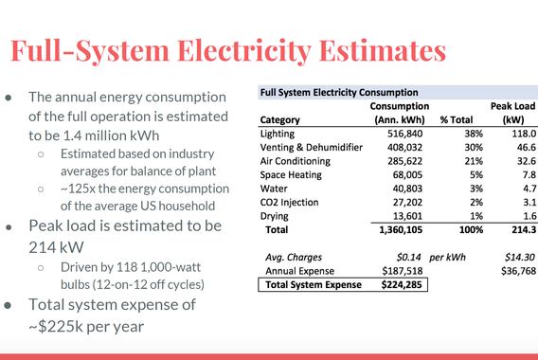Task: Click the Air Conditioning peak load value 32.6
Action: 511,162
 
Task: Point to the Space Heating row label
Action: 289,175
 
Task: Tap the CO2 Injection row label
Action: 287,202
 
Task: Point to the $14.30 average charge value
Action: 508,256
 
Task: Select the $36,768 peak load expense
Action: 506,269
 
